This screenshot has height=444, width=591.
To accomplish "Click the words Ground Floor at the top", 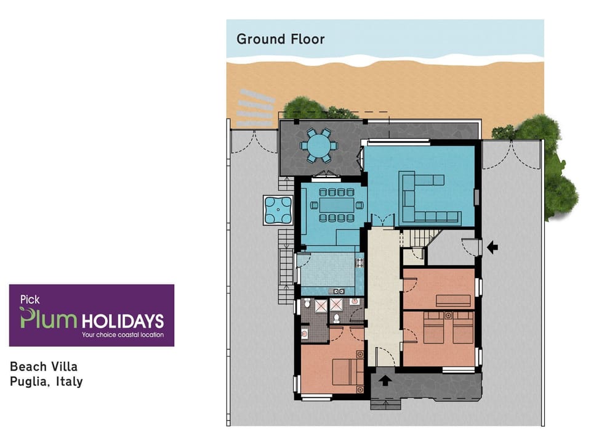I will tap(280, 39).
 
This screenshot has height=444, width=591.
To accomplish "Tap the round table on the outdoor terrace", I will tap(318, 146).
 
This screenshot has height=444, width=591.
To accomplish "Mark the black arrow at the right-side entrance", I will tap(492, 247).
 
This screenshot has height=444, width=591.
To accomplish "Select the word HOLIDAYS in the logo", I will tap(123, 321).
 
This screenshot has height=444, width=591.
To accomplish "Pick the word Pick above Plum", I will tap(30, 300).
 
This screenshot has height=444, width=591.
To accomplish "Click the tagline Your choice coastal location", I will tap(123, 335).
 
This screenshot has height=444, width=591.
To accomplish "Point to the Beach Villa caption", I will tap(44, 367).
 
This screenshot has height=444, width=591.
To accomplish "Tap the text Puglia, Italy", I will tap(46, 382).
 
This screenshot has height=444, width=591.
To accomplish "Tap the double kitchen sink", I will tap(339, 290).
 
